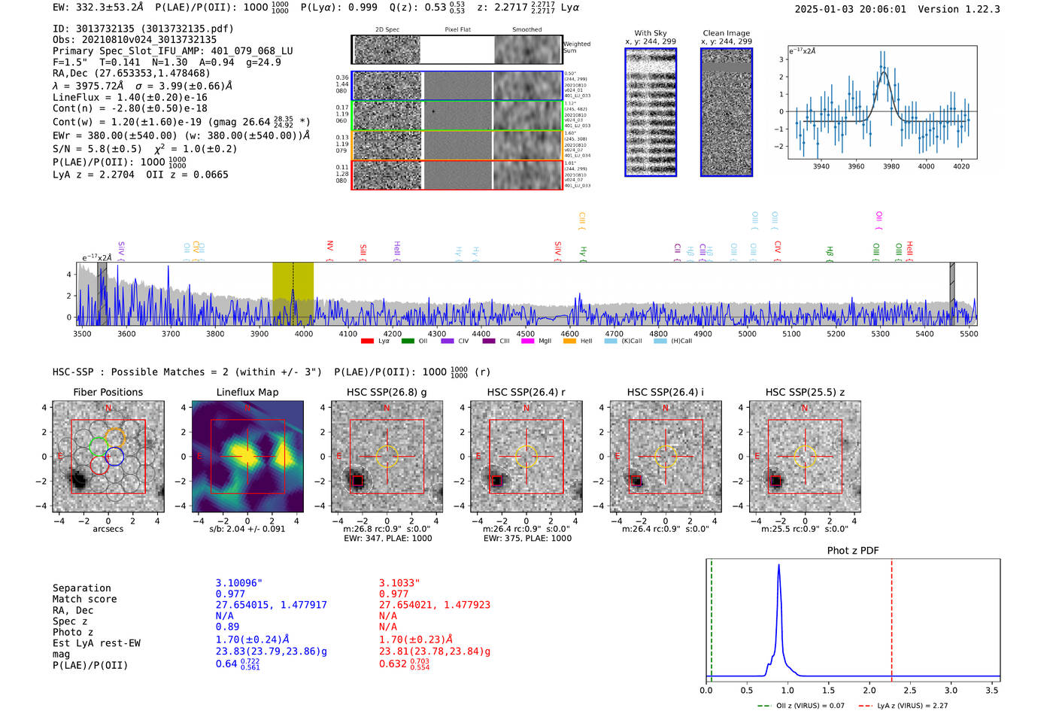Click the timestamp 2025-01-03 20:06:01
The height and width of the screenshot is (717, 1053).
[x=850, y=9]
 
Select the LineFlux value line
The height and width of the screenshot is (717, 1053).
[x=129, y=97]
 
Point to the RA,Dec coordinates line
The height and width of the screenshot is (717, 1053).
[x=131, y=73]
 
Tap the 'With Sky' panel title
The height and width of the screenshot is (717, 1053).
[x=651, y=33]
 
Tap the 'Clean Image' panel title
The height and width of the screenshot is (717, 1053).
[x=726, y=33]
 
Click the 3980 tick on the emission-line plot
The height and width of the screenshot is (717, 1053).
[x=891, y=166]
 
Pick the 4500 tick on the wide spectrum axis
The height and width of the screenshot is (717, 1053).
[x=525, y=333]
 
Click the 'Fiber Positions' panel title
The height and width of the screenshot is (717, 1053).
[x=108, y=392]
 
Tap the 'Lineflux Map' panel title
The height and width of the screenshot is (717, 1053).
[x=247, y=392]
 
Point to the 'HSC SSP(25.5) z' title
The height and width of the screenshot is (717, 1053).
[x=805, y=392]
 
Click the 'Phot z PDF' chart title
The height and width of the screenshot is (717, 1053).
[x=853, y=551]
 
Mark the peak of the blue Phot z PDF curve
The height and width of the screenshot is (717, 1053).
[x=778, y=565]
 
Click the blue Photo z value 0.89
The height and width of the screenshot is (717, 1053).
[x=227, y=627]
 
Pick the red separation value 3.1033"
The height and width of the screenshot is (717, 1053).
[x=399, y=583]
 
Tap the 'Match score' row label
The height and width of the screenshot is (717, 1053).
[x=84, y=600]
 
